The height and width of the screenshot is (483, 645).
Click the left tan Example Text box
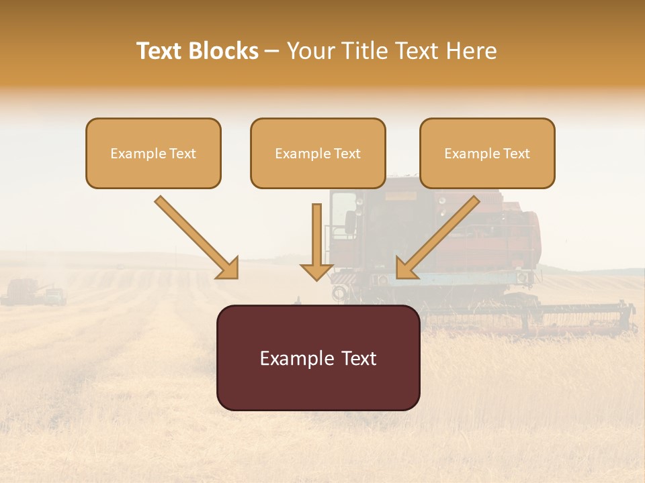pos(153,153)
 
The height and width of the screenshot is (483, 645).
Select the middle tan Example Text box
pos(318,153)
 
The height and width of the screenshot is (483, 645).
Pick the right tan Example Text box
pos(487,153)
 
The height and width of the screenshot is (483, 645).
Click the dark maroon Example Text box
pos(318,358)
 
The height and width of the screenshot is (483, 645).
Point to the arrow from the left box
pos(197,237)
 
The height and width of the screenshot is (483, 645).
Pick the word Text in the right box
pos(516,154)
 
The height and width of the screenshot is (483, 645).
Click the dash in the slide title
pos(272,51)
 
